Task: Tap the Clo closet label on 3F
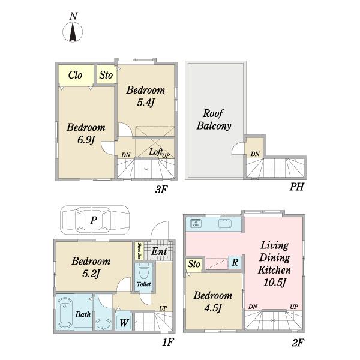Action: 76,75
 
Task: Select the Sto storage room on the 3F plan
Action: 106,75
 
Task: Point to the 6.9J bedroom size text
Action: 86,140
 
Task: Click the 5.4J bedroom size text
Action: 146,102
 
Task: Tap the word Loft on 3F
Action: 155,152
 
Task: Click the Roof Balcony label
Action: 214,119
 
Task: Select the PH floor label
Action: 296,187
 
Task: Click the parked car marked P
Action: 94,220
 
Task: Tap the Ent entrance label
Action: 159,251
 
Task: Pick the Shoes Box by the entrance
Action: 139,251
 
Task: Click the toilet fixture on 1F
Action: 144,272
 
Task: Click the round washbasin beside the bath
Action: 103,325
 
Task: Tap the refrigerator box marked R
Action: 235,262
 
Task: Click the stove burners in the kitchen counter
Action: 196,223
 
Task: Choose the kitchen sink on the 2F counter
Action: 226,223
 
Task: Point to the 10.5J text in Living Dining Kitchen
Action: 274,282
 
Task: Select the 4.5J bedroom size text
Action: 213,307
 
